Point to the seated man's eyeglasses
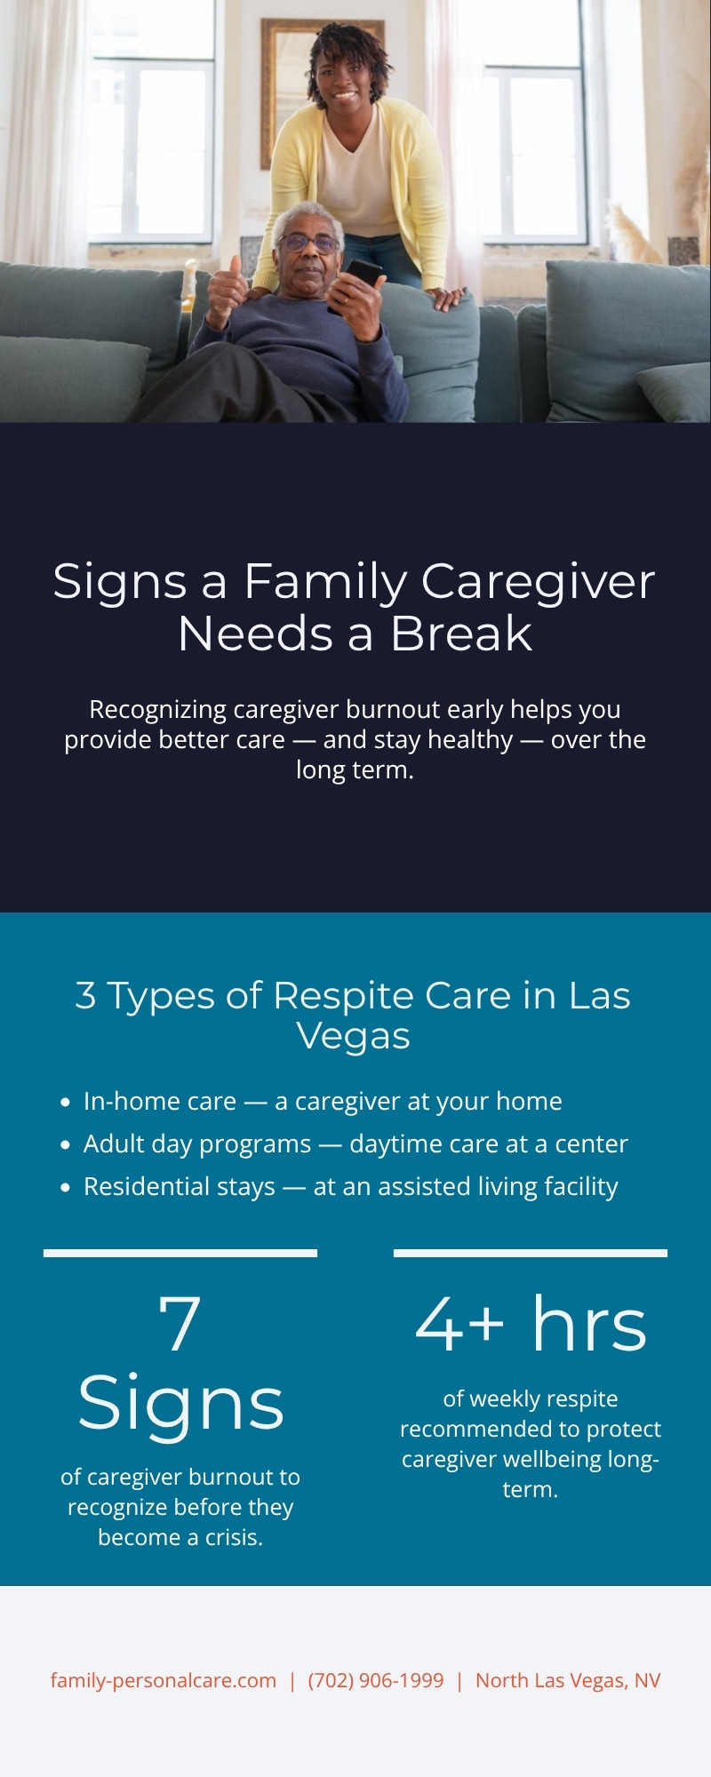click(x=308, y=243)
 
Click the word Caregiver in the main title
click(x=538, y=582)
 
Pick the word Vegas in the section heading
click(x=353, y=1036)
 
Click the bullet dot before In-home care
click(x=65, y=1103)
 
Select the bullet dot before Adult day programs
click(x=65, y=1145)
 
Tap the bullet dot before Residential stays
click(x=65, y=1188)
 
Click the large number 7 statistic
click(x=180, y=1325)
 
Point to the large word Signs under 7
click(x=180, y=1405)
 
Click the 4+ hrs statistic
click(x=531, y=1325)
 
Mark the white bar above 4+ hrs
click(x=531, y=1253)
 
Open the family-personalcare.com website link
click(x=164, y=1680)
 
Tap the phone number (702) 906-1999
click(x=376, y=1680)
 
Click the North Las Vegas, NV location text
click(x=568, y=1680)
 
